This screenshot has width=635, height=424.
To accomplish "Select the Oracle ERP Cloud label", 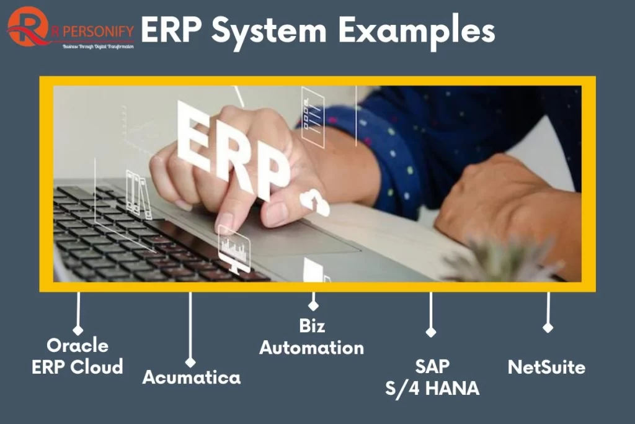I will point(78,356).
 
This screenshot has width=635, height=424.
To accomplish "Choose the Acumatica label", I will point(192,377).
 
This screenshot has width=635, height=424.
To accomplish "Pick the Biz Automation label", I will point(311,336).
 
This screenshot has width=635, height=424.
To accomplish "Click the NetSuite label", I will point(546,367).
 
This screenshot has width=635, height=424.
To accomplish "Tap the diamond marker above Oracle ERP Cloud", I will point(78,330).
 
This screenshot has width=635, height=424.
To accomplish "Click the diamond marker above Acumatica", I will point(190,362).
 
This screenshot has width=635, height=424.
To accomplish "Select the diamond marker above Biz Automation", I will point(313,305).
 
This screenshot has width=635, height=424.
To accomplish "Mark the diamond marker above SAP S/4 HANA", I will point(431,332).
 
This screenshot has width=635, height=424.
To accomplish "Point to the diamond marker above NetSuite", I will point(548,327).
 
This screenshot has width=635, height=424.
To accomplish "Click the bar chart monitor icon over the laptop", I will point(234,248).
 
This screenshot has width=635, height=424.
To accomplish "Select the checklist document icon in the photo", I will point(313,116).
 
